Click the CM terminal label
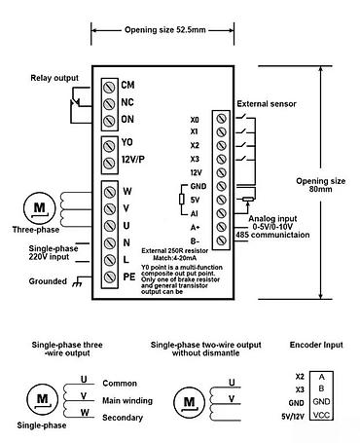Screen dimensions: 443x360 [127, 85]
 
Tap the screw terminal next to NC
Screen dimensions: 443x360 [108, 101]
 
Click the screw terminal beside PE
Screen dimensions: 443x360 [108, 277]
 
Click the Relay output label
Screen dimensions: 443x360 [54, 77]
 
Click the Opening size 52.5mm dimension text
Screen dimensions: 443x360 [162, 30]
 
